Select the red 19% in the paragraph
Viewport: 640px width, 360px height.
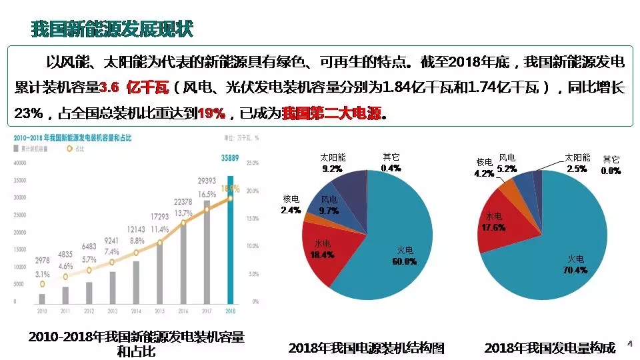pyautogui.click(x=211, y=113)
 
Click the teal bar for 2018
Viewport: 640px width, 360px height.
pyautogui.click(x=231, y=240)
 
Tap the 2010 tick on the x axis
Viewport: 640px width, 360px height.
pyautogui.click(x=42, y=311)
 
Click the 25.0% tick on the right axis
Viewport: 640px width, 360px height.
pyautogui.click(x=253, y=163)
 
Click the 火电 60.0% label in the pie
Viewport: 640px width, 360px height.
pyautogui.click(x=405, y=256)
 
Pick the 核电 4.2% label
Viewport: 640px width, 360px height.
pyautogui.click(x=484, y=168)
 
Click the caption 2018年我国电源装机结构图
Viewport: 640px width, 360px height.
pyautogui.click(x=366, y=348)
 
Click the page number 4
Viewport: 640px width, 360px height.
pyautogui.click(x=629, y=343)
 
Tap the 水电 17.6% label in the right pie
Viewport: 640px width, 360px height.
pyautogui.click(x=494, y=222)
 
